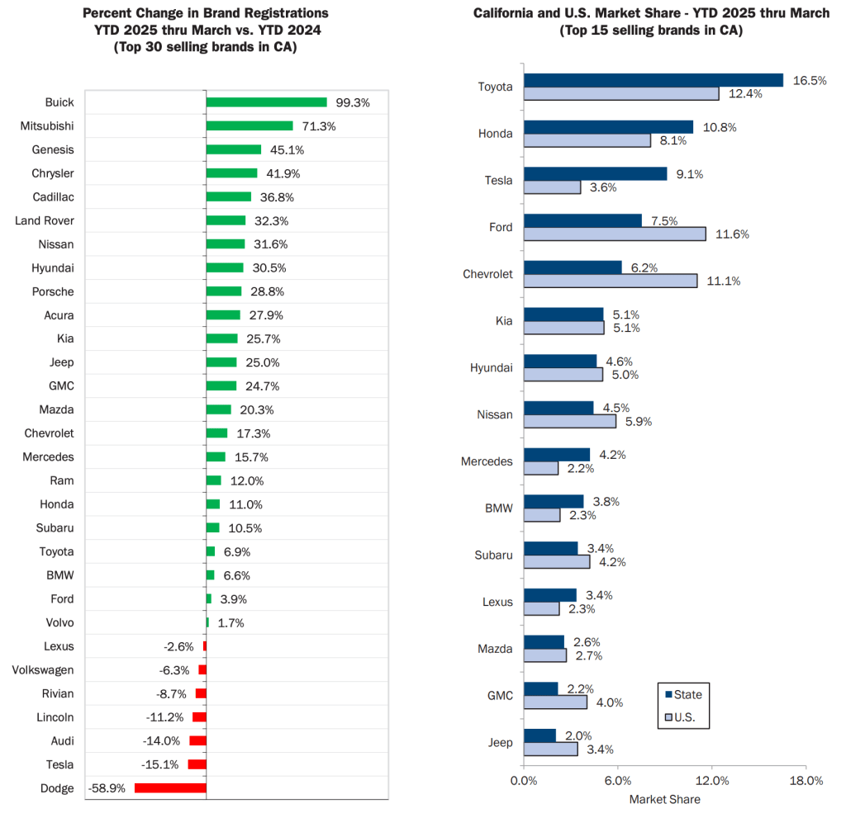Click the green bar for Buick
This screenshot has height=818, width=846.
266,102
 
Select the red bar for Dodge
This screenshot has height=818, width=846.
170,788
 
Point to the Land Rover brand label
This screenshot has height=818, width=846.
44,220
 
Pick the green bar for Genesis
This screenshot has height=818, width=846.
233,149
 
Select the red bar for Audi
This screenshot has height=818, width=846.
197,741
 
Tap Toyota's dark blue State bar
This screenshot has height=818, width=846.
653,80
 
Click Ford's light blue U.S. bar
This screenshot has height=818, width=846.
615,234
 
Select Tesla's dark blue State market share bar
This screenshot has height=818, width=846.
595,173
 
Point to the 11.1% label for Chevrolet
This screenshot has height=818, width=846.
723,281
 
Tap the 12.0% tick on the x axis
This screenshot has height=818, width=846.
712,781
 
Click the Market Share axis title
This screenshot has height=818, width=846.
664,799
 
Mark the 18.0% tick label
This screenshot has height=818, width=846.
806,781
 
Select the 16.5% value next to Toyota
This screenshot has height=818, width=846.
810,80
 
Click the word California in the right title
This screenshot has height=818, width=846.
505,14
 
